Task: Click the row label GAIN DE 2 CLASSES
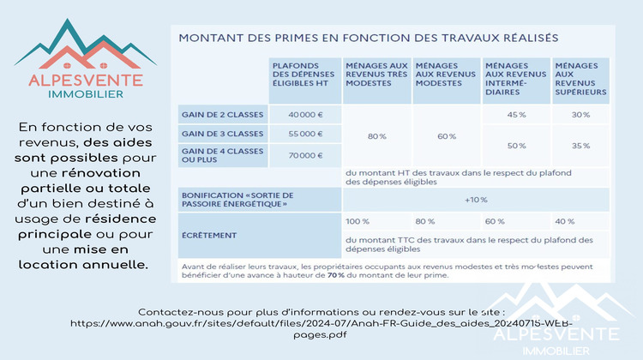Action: (221, 114)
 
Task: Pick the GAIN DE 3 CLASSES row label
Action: (221, 134)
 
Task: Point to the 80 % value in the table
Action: (376, 135)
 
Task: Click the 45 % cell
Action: (516, 114)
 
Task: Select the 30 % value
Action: (580, 114)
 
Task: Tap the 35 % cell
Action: (580, 146)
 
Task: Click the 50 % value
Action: (516, 146)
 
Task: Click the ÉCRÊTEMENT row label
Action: (209, 234)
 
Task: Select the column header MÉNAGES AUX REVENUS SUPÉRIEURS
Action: (580, 78)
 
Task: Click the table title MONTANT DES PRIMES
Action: (368, 38)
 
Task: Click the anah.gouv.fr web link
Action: (321, 324)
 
